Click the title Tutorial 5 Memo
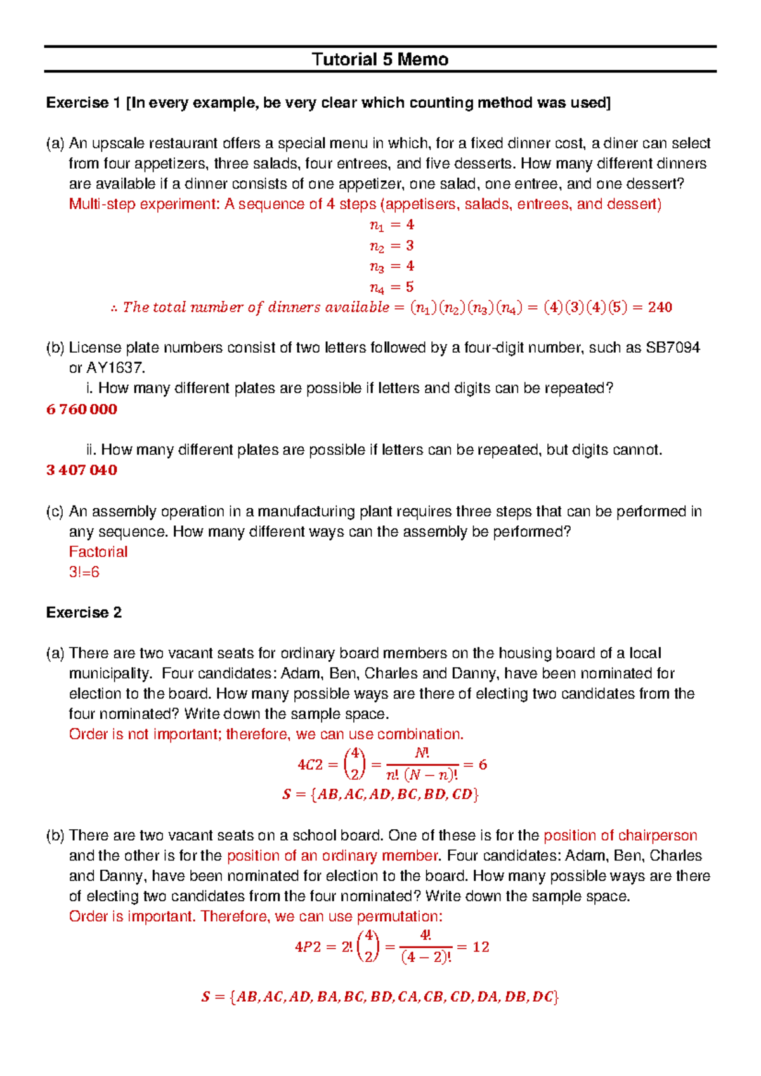pos(380,60)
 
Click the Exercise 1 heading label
pos(83,103)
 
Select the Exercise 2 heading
pos(84,613)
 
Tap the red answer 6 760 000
pos(82,409)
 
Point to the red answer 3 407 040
pos(82,470)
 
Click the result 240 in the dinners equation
pos(660,308)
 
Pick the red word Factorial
pos(98,552)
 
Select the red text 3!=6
pos(84,572)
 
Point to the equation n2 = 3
pos(391,246)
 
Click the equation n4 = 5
pos(391,287)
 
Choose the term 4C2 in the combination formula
pos(310,765)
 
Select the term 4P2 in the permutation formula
pos(308,947)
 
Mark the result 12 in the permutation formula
pos(481,947)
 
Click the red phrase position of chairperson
pos(620,836)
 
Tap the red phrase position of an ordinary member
pos(333,856)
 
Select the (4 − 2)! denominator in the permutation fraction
pos(426,957)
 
